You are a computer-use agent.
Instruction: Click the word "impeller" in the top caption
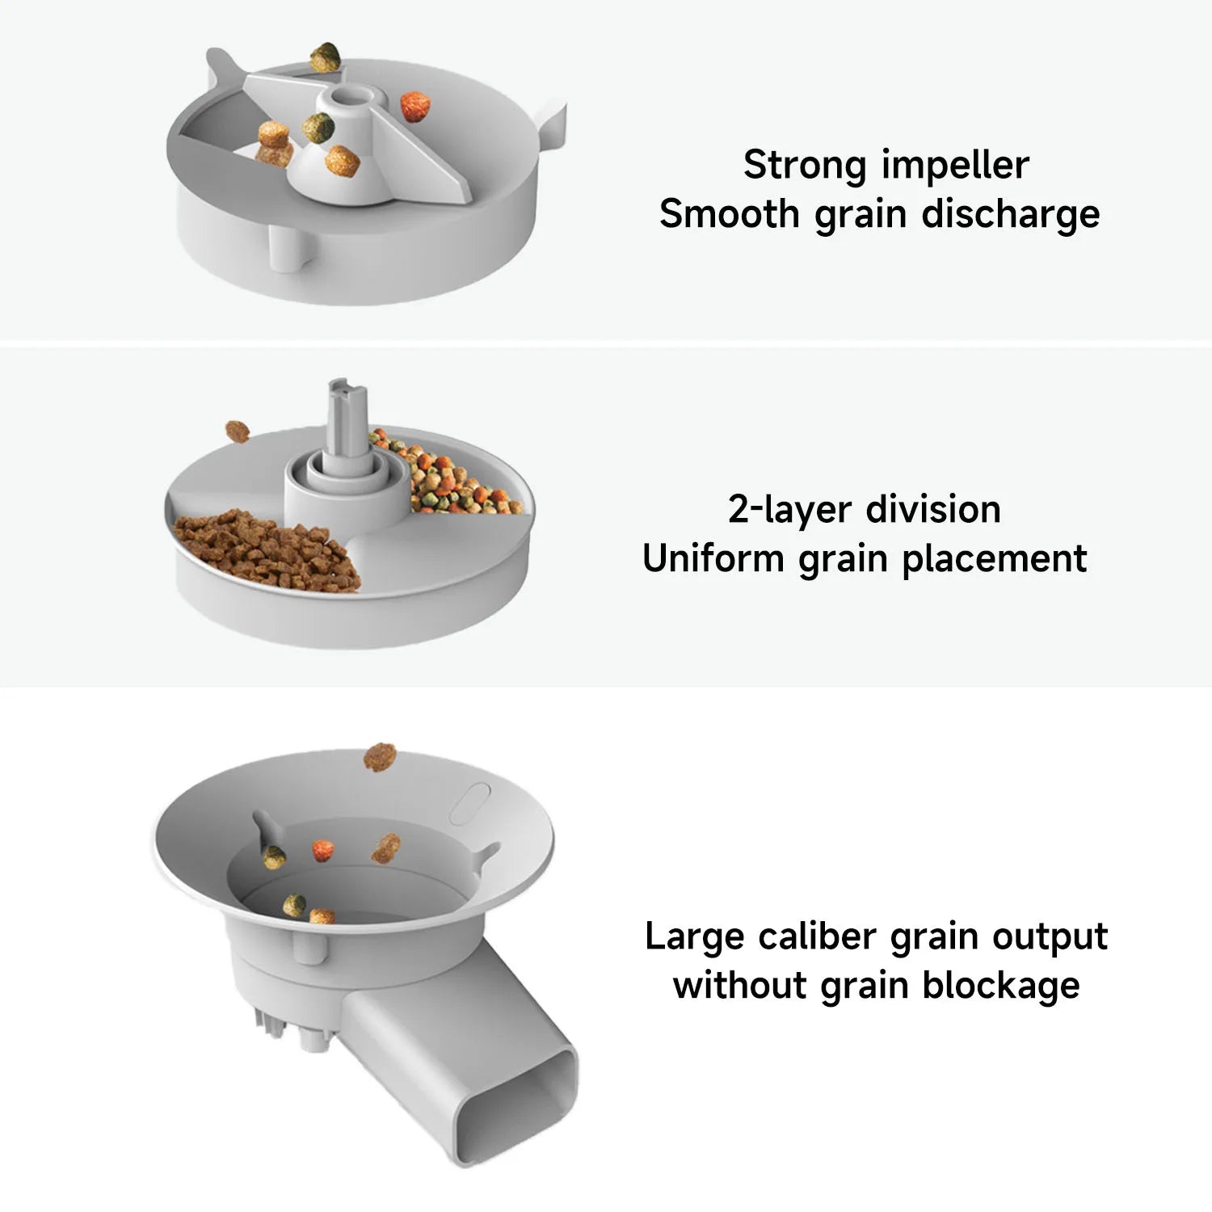tap(956, 166)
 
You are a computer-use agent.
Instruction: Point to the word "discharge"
tap(1011, 214)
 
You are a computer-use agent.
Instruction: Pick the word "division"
tap(933, 510)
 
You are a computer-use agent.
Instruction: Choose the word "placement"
tap(995, 558)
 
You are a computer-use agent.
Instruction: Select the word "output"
tap(1050, 936)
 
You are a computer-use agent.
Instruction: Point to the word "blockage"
tap(1001, 986)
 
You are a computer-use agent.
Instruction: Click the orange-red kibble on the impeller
tap(415, 107)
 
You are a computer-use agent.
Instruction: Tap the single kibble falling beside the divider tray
tap(237, 431)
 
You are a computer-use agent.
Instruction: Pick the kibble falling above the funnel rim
tap(379, 757)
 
